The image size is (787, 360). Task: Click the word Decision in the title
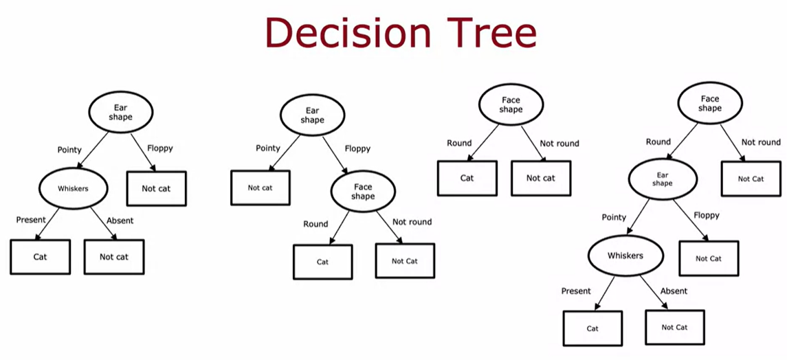click(347, 32)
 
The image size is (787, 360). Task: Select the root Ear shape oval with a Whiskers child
click(120, 112)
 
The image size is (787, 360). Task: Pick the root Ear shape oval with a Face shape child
click(311, 115)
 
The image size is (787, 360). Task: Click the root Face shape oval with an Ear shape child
click(710, 103)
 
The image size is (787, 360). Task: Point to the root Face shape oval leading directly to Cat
click(511, 104)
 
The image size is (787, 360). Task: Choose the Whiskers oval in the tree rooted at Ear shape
click(74, 188)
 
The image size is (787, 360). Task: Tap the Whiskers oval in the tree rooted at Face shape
click(625, 255)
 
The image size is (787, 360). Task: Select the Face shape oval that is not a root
click(363, 191)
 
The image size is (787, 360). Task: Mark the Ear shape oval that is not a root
click(662, 179)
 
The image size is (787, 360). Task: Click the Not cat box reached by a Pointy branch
click(260, 188)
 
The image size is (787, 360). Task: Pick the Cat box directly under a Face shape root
click(467, 178)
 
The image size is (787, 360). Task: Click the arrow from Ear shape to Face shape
click(335, 155)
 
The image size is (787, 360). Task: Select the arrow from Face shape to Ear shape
click(683, 142)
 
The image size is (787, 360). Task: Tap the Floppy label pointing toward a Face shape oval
click(358, 148)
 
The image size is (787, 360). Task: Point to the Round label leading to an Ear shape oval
click(658, 142)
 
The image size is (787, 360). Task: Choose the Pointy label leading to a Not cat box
click(268, 148)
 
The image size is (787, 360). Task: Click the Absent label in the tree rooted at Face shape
click(674, 291)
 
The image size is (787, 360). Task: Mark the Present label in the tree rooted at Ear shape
click(31, 220)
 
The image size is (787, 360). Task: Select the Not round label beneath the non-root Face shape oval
click(412, 222)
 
